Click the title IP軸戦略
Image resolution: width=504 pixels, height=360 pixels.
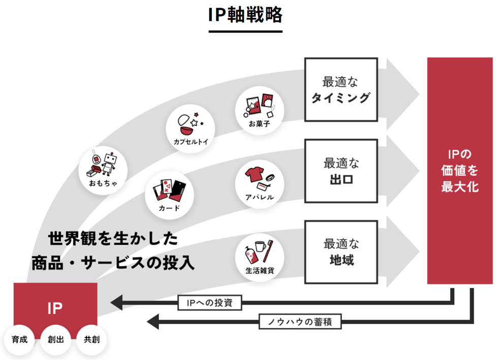(x=245, y=15)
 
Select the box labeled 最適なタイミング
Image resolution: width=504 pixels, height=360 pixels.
(x=341, y=89)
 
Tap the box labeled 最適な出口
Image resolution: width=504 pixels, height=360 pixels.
(x=341, y=171)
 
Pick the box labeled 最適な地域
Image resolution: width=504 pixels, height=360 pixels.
(x=341, y=252)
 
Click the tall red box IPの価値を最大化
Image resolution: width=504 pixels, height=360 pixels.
(x=460, y=171)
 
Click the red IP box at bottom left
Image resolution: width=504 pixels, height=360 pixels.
(x=55, y=308)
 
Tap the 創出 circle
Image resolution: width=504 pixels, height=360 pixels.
(x=55, y=339)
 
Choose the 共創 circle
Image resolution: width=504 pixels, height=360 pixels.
(x=91, y=339)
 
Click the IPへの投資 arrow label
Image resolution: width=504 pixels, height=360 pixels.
(x=210, y=303)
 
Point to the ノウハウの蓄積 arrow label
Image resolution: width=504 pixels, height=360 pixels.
(x=300, y=321)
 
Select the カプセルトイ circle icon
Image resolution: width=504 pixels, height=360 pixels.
(x=191, y=127)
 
